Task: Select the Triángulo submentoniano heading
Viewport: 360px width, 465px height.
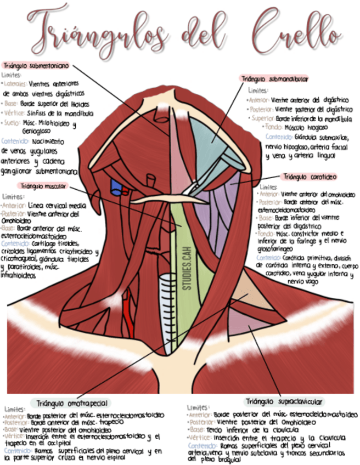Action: (x=36, y=65)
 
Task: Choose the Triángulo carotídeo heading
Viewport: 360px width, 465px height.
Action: (x=309, y=177)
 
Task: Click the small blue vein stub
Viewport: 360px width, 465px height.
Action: (x=116, y=186)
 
